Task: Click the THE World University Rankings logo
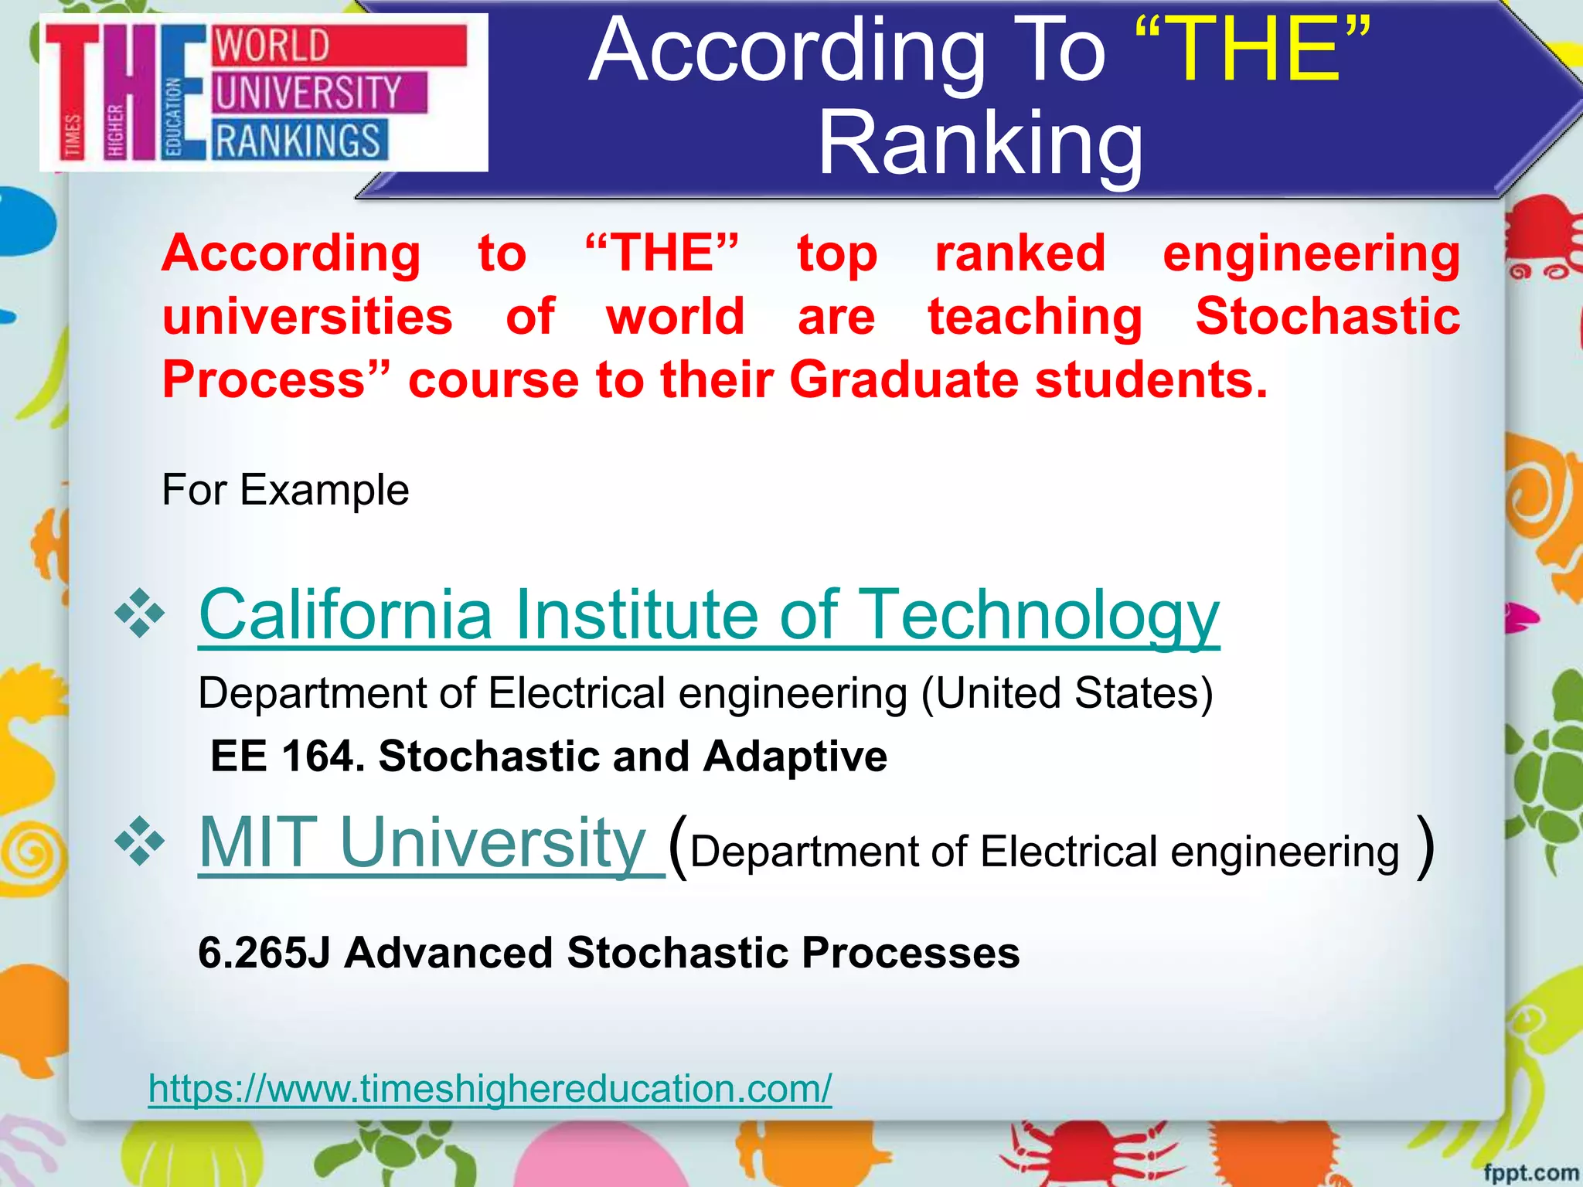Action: [x=264, y=92]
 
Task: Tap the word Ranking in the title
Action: [x=980, y=144]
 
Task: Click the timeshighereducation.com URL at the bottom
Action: [x=490, y=1088]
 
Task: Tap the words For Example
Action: [x=285, y=490]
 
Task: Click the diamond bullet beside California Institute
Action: [x=139, y=614]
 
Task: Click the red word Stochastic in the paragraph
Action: [x=1327, y=317]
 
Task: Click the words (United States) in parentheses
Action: [x=1067, y=693]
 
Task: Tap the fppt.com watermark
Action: [x=1530, y=1172]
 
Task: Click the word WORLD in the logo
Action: [x=272, y=46]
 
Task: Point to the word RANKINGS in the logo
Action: [x=298, y=141]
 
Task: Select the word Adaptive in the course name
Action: [x=795, y=756]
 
